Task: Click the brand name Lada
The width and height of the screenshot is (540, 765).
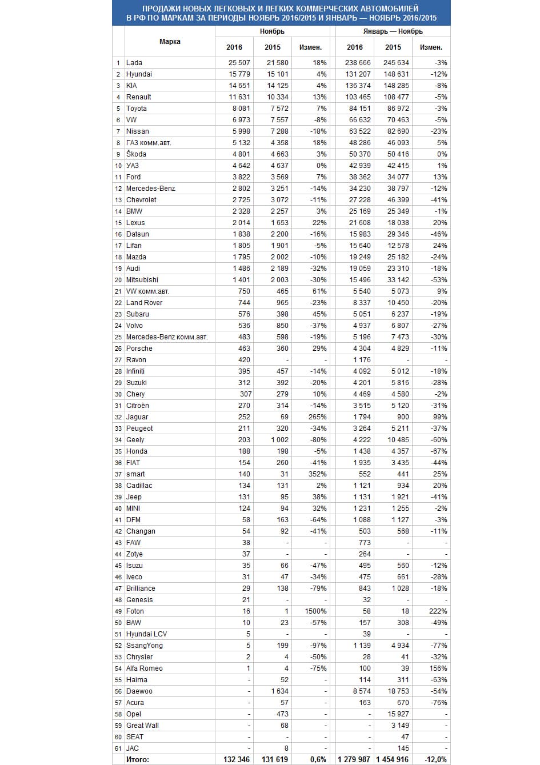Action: [134, 63]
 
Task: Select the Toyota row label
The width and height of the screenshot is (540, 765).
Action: [137, 109]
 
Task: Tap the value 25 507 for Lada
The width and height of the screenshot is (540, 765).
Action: [239, 63]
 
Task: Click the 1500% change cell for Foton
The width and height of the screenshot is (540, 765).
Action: [315, 611]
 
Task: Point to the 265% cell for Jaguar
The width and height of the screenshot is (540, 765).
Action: [317, 417]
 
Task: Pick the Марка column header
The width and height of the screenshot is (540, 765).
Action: [170, 42]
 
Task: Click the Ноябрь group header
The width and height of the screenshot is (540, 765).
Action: [272, 31]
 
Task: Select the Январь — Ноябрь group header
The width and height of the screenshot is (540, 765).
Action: [393, 31]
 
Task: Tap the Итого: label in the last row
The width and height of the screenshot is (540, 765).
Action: [138, 759]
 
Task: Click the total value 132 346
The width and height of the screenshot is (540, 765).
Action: [237, 759]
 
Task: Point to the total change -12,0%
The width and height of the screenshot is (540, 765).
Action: [436, 759]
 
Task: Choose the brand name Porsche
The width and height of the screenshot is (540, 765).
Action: [139, 349]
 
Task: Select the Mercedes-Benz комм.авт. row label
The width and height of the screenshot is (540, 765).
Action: [166, 337]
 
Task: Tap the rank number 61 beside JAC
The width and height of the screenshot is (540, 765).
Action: [119, 748]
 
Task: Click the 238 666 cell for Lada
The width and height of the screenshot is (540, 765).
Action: [358, 63]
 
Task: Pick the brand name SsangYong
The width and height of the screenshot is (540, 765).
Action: [144, 646]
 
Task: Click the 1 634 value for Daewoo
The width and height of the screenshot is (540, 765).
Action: [278, 691]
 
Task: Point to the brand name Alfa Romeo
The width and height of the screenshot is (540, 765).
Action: [144, 668]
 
